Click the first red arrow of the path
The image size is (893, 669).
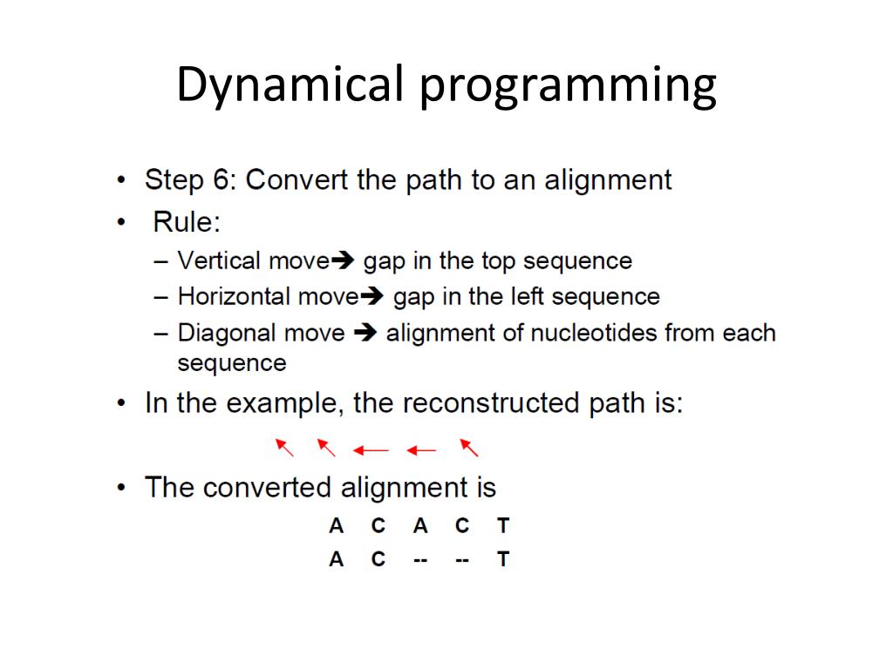[x=284, y=448]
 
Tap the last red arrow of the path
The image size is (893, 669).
[x=469, y=448]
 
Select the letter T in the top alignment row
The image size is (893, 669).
[x=503, y=526]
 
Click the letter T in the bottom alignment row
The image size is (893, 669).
[x=503, y=560]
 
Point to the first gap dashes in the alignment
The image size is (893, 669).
[x=420, y=560]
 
